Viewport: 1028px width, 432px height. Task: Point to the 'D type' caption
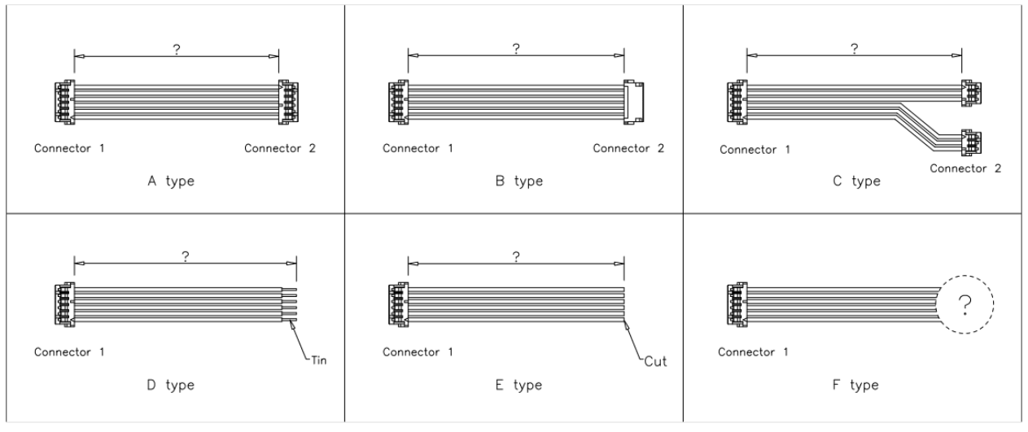(168, 384)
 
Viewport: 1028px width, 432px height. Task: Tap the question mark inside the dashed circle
(965, 304)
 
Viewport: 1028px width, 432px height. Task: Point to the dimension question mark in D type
(186, 255)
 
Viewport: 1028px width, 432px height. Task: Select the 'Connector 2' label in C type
(965, 168)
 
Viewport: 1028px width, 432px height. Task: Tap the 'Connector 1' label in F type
(752, 352)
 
